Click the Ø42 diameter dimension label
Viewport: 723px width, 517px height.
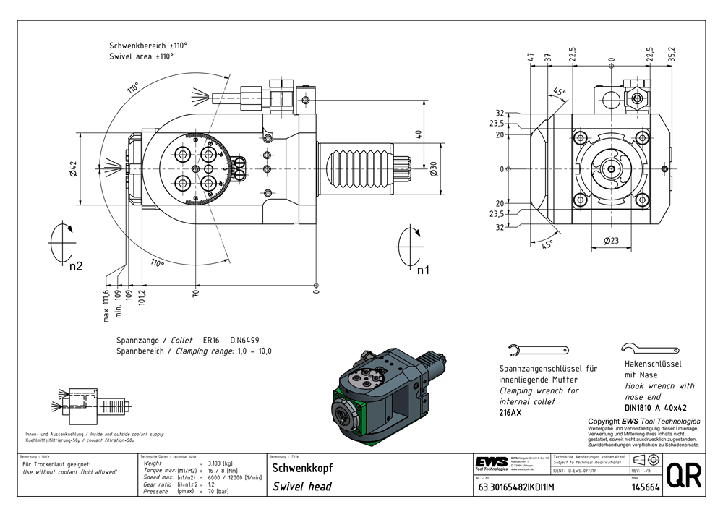[73, 169]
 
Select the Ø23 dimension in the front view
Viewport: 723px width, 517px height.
[610, 241]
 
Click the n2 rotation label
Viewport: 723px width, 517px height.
[76, 266]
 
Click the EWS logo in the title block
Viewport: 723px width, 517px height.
[491, 463]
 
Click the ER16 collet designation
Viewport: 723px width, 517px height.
[211, 339]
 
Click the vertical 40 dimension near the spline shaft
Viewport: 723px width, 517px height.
[418, 134]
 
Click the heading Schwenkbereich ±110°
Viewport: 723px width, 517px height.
[148, 45]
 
